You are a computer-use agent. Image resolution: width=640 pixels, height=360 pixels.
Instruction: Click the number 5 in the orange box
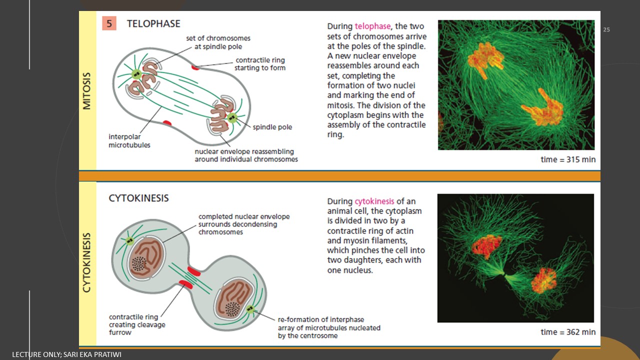(109, 23)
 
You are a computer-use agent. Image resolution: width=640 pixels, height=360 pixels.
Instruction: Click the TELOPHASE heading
(153, 23)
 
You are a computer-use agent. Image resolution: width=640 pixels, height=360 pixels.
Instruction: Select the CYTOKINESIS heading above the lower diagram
(139, 198)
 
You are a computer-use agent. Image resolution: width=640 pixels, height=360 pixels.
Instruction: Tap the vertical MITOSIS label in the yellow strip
(87, 91)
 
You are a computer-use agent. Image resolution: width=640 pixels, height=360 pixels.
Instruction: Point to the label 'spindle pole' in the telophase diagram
(272, 127)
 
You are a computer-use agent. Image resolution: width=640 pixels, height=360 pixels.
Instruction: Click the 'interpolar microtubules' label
(129, 140)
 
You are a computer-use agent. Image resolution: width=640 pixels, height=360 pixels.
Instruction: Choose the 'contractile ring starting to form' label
(260, 64)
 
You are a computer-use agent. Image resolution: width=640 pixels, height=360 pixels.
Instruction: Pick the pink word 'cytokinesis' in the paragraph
(374, 201)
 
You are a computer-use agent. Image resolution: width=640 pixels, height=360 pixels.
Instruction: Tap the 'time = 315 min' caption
(568, 159)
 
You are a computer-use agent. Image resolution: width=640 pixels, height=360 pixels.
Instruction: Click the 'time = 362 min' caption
(568, 332)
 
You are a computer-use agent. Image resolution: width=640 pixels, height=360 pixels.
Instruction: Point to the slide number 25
(606, 29)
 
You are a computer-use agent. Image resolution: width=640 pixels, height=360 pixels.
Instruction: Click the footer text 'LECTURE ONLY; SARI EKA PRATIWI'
(66, 354)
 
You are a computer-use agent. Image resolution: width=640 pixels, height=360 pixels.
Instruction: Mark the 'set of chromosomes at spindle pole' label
(218, 42)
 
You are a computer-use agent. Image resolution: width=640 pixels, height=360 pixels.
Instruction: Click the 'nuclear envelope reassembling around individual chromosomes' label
(246, 155)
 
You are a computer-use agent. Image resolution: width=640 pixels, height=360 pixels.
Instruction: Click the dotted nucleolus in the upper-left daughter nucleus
(139, 263)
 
